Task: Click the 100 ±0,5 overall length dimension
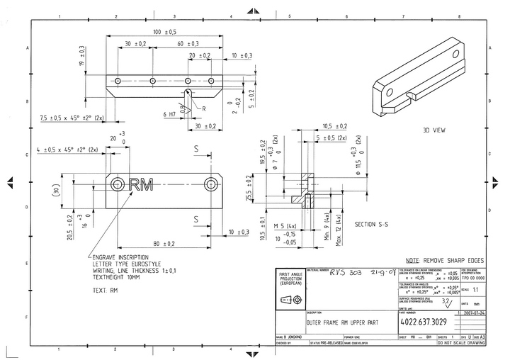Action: [164, 32]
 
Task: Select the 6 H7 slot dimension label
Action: [169, 114]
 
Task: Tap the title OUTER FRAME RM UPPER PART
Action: [341, 321]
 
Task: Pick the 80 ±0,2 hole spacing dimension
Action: [164, 244]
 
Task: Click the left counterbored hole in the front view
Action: [118, 185]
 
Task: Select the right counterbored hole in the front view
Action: [210, 185]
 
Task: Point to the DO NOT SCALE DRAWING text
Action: [461, 342]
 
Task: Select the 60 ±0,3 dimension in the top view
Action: [187, 44]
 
